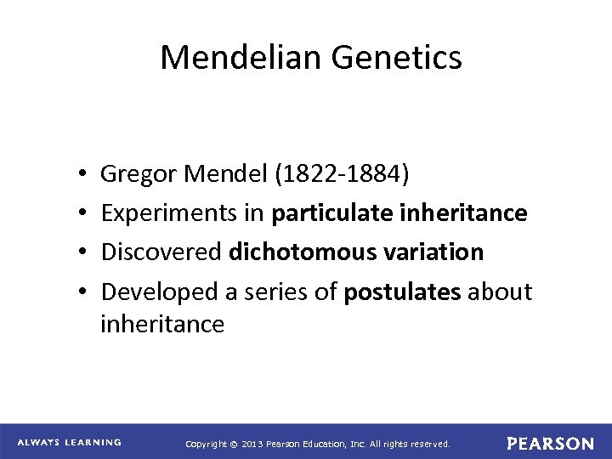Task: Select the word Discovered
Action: click(x=161, y=252)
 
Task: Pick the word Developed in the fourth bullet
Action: click(x=157, y=292)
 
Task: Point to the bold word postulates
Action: click(x=397, y=293)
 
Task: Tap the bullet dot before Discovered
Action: click(x=77, y=253)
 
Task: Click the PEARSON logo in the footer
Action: click(x=551, y=443)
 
